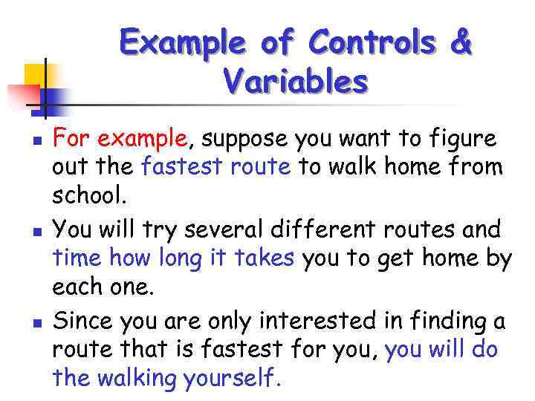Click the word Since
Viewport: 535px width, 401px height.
(79, 321)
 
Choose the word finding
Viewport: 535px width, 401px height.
(446, 321)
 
